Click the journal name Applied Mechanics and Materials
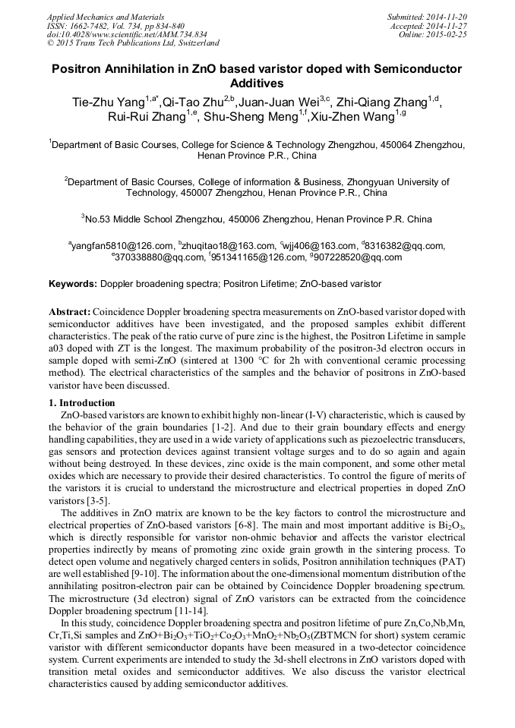[x=106, y=16]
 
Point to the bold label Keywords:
[x=73, y=283]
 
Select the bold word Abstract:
[x=70, y=312]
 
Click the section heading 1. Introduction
[x=83, y=402]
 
